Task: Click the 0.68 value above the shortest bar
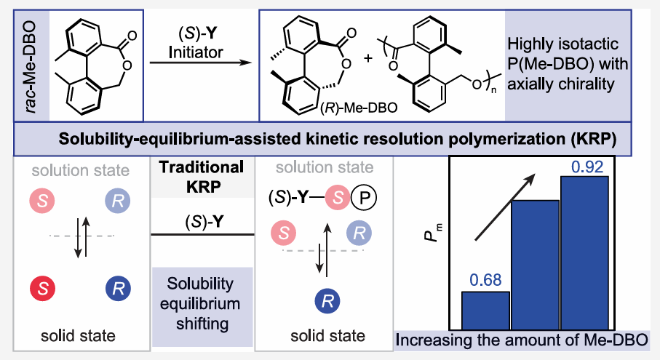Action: tap(485, 278)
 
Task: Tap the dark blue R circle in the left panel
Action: tap(119, 285)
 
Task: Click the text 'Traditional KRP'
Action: tap(201, 175)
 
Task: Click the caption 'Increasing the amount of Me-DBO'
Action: tap(523, 340)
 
